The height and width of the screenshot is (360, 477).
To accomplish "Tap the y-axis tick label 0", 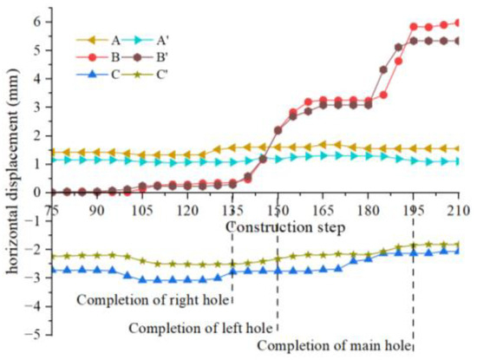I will point(38,193).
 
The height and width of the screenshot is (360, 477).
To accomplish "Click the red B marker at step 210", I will point(458,23).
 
